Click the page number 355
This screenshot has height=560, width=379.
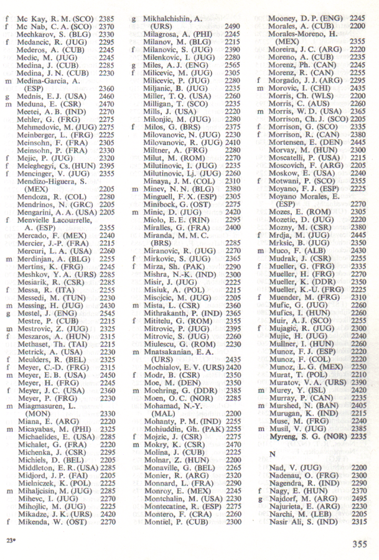tap(359, 544)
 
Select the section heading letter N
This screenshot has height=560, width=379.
tap(272, 454)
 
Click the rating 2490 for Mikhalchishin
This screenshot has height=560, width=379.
tap(232, 27)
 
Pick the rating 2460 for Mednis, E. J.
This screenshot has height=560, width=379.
tap(106, 96)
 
